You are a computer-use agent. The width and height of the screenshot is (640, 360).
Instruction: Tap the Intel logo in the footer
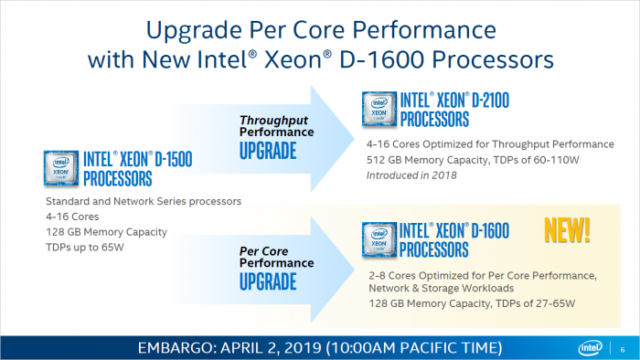pyautogui.click(x=591, y=348)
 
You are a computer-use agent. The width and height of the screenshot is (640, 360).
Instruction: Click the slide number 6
pyautogui.click(x=623, y=349)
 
